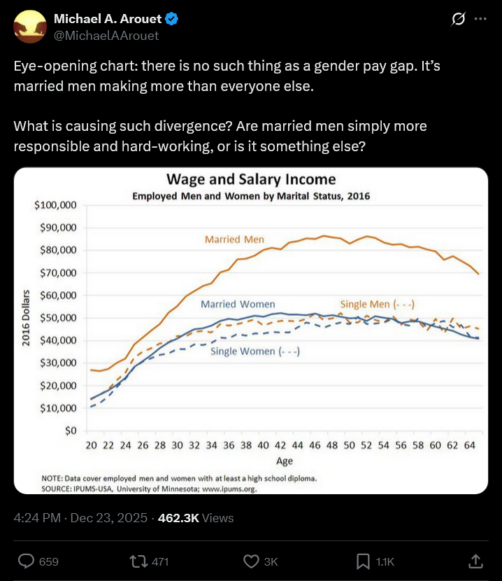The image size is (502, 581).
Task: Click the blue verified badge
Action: pyautogui.click(x=171, y=19)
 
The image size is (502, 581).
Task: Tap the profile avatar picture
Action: pyautogui.click(x=29, y=27)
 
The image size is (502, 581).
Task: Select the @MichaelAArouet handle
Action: pyautogui.click(x=106, y=35)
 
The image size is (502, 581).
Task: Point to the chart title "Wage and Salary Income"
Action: pyautogui.click(x=251, y=180)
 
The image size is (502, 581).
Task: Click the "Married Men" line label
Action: pyautogui.click(x=234, y=239)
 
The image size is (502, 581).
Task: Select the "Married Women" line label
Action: pyautogui.click(x=238, y=304)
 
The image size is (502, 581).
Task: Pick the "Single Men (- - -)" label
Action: pyautogui.click(x=378, y=304)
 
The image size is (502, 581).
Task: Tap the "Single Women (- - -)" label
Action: pyautogui.click(x=255, y=351)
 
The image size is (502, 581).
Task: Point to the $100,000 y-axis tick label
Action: pyautogui.click(x=55, y=205)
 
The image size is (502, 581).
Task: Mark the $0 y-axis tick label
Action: pyautogui.click(x=69, y=430)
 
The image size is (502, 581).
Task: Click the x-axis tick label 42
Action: pyautogui.click(x=280, y=445)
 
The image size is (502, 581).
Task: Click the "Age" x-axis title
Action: pyautogui.click(x=284, y=461)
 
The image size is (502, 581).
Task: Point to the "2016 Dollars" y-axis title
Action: pyautogui.click(x=25, y=318)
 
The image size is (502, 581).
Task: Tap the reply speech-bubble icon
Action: pyautogui.click(x=27, y=561)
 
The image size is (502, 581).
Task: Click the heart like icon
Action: pyautogui.click(x=252, y=561)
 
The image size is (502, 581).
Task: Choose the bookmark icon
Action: pyautogui.click(x=364, y=561)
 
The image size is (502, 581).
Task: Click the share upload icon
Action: pyautogui.click(x=475, y=561)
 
